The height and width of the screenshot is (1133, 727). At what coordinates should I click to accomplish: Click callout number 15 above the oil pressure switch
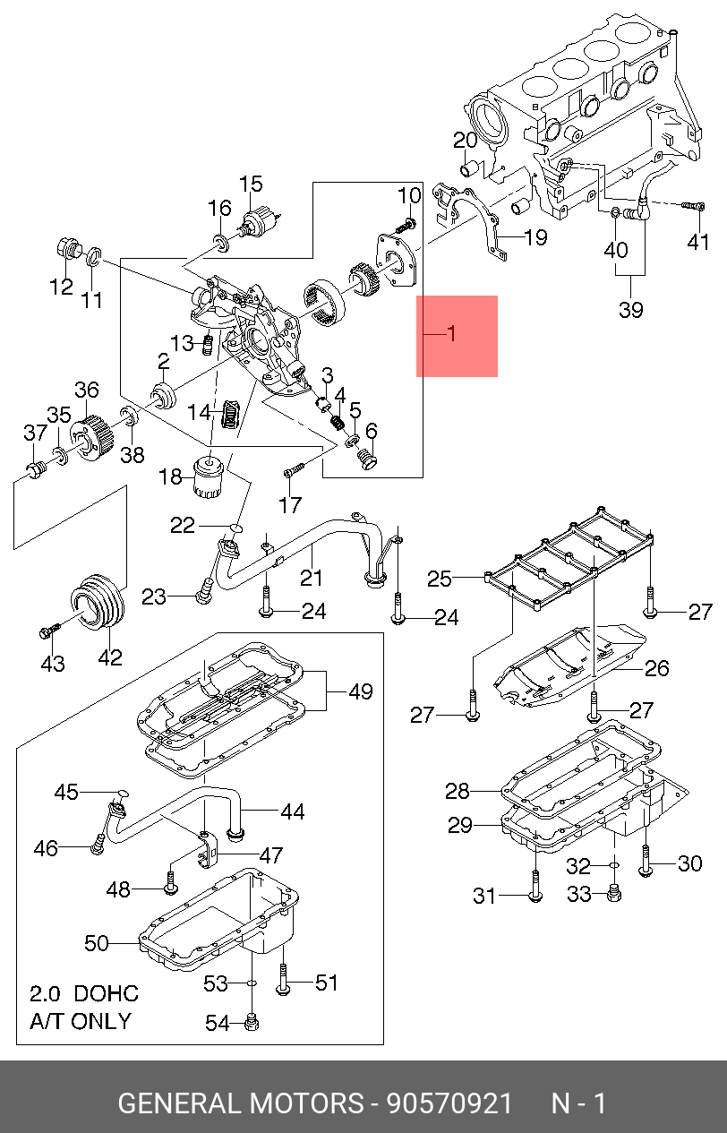251,185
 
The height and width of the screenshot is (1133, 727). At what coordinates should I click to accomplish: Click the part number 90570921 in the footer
449,1103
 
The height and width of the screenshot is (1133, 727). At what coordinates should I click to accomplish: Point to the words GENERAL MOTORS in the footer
241,1103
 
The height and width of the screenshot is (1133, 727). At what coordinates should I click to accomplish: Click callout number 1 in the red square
451,333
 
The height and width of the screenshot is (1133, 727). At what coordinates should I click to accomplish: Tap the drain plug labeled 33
613,893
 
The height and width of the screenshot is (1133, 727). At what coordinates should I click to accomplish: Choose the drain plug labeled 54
252,1023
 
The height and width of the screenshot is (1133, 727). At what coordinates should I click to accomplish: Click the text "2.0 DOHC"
84,993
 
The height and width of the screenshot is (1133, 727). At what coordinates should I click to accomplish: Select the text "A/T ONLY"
81,1021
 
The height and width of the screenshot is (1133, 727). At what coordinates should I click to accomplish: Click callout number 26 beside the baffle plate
657,668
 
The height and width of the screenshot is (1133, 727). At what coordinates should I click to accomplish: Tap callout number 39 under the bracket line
631,310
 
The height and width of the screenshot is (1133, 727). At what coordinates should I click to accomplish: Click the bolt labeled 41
693,205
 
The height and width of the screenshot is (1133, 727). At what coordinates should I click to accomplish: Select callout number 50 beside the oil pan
97,943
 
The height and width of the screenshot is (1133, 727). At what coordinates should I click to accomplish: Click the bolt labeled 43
49,631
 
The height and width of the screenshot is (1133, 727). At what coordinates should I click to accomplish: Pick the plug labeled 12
67,248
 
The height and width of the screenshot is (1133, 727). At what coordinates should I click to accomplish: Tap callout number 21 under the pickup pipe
311,577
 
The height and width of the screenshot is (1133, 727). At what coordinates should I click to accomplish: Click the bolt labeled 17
294,470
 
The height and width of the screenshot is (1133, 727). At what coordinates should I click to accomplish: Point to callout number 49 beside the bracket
361,691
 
